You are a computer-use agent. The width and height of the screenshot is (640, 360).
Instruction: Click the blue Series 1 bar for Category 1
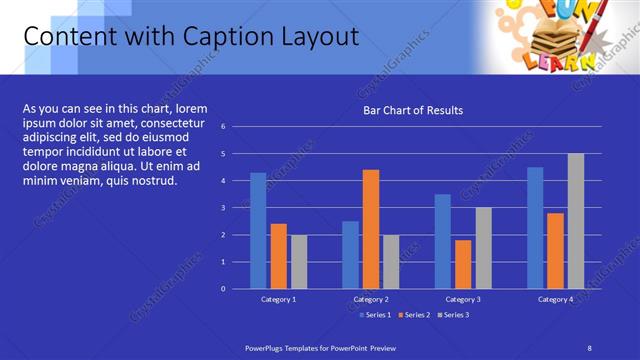pyautogui.click(x=258, y=231)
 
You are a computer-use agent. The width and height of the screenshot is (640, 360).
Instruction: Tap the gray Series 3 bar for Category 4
pyautogui.click(x=576, y=221)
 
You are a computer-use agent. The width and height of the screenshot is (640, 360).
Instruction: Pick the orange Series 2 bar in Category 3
pyautogui.click(x=463, y=264)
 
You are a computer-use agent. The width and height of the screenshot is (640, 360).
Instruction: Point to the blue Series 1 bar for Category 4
pyautogui.click(x=535, y=228)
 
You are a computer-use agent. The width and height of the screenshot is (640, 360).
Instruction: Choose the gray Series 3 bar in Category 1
pyautogui.click(x=299, y=262)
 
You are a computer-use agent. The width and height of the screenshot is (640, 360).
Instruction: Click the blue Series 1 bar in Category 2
pyautogui.click(x=350, y=255)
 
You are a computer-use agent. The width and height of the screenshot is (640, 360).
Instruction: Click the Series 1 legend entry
pyautogui.click(x=375, y=315)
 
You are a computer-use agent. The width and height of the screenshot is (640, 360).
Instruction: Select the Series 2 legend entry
pyautogui.click(x=413, y=315)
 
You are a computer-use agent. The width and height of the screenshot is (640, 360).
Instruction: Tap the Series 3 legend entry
pyautogui.click(x=452, y=315)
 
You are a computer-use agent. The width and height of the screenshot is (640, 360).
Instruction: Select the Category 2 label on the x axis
pyautogui.click(x=370, y=299)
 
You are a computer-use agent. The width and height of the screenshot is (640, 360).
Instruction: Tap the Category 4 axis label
pyautogui.click(x=555, y=299)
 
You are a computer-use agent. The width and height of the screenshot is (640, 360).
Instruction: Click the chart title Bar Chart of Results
pyautogui.click(x=412, y=110)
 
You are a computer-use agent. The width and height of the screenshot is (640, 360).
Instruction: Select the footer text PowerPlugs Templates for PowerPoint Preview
pyautogui.click(x=320, y=347)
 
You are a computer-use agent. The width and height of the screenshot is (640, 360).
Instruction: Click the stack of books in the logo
pyautogui.click(x=546, y=43)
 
